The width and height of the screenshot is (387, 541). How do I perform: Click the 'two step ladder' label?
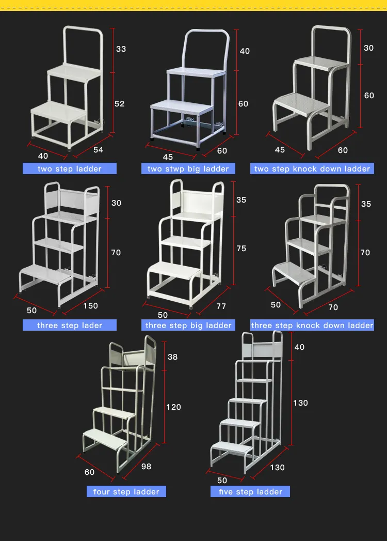(69, 168)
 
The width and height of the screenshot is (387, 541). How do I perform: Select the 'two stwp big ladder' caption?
(188, 168)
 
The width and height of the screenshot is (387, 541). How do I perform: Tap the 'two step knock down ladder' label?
(312, 168)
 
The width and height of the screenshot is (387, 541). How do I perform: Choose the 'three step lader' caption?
(69, 325)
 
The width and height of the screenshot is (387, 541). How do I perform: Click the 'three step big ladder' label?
(188, 325)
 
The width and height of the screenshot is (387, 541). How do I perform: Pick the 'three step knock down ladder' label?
(312, 325)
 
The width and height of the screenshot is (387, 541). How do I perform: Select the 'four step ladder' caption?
(126, 491)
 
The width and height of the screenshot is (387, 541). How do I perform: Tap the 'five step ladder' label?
(250, 491)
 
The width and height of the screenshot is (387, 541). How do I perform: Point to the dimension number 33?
(121, 49)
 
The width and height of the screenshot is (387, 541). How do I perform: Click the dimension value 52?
(119, 104)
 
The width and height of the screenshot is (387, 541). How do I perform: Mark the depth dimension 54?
(98, 150)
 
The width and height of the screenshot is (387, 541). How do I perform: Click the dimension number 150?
(90, 306)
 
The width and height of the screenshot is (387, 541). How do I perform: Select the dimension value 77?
(221, 306)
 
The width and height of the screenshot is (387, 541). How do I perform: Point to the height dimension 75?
(241, 249)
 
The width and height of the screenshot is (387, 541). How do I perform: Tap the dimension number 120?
(173, 407)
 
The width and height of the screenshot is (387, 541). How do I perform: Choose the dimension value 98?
(146, 467)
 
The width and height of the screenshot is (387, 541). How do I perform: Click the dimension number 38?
(172, 357)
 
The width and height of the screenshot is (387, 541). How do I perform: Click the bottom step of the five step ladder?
(230, 446)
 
